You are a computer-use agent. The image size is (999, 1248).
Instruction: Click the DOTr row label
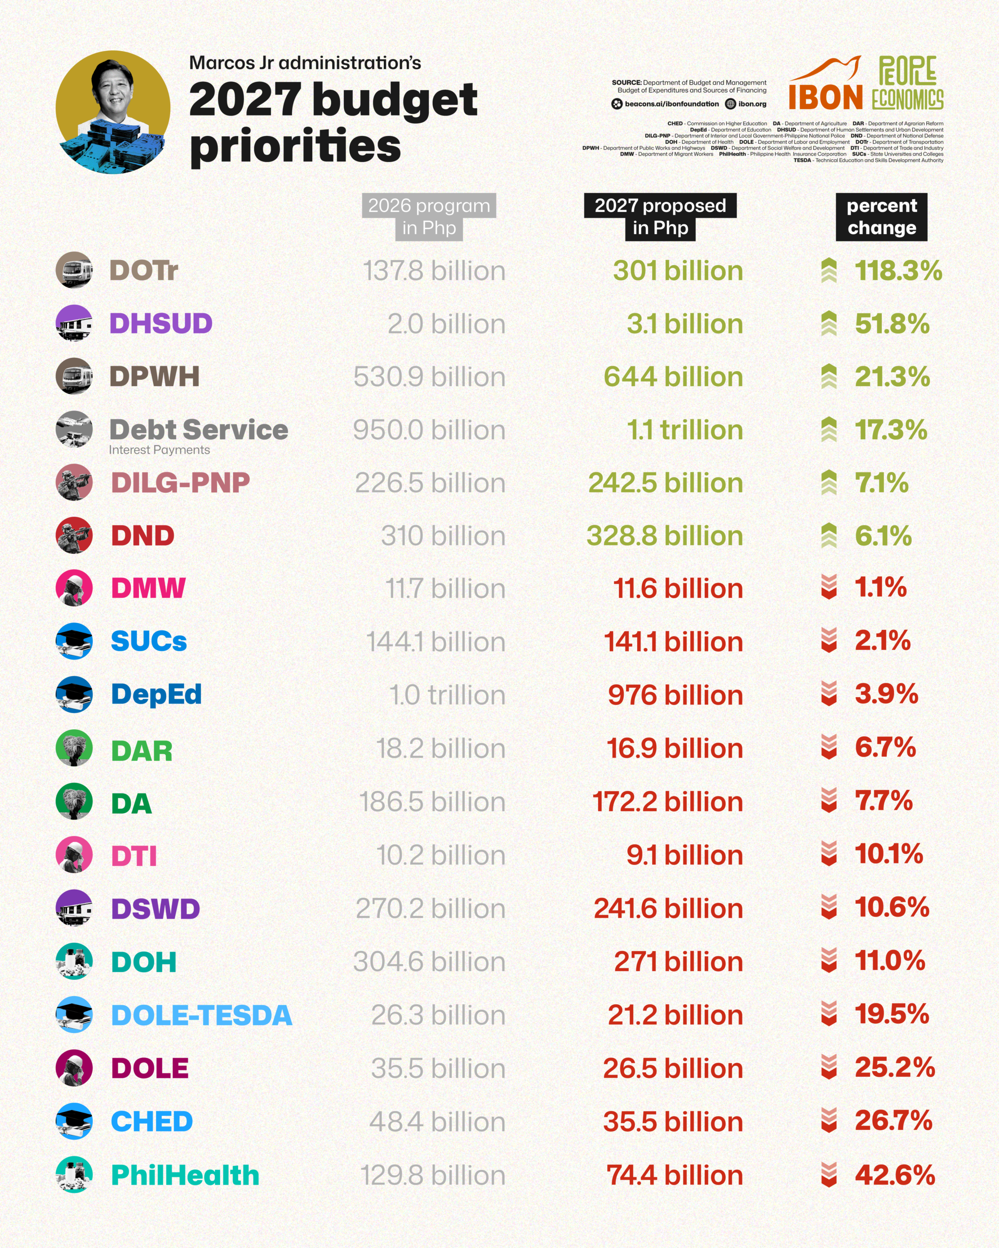[x=143, y=271]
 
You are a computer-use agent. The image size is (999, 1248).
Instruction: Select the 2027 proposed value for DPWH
[x=674, y=377]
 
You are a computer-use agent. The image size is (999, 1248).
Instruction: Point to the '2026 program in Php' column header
[x=429, y=216]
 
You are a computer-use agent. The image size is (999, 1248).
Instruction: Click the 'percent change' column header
[x=881, y=216]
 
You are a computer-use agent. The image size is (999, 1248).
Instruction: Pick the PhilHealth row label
[x=185, y=1175]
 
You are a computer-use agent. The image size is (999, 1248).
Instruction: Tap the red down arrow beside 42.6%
[x=829, y=1174]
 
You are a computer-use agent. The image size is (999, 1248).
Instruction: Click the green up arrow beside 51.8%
[x=829, y=324]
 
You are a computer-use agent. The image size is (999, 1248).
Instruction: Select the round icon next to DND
[x=74, y=535]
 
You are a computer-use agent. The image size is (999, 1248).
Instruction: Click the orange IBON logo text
[x=826, y=97]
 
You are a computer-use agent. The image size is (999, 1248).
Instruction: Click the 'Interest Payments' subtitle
[x=159, y=450]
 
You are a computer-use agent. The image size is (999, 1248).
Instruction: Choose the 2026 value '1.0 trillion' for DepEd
[x=447, y=695]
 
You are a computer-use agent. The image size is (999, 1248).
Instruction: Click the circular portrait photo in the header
[x=113, y=112]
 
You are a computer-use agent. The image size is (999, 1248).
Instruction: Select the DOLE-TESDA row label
[x=201, y=1015]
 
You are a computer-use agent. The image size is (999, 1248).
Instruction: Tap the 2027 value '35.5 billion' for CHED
[x=674, y=1122]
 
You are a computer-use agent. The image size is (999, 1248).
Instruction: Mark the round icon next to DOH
[x=74, y=961]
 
